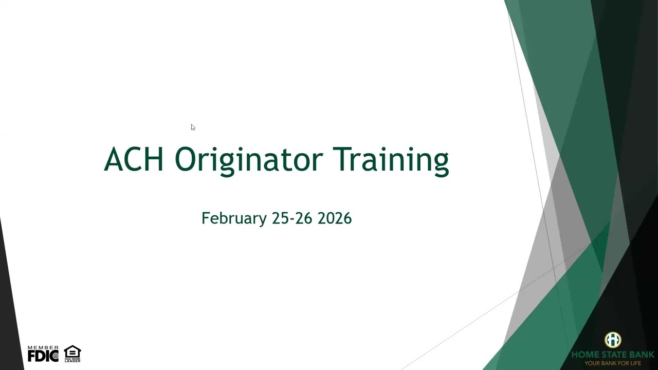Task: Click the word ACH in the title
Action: pos(134,159)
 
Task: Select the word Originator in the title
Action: pos(248,160)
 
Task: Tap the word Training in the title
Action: pos(391,160)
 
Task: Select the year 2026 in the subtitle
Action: pos(335,218)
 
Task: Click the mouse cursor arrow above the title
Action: pos(193,127)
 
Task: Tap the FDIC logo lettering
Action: pos(43,356)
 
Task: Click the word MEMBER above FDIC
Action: pos(43,348)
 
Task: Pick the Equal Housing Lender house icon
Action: pos(72,352)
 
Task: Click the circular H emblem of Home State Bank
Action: pos(613,340)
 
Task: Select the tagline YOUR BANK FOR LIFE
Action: pos(613,363)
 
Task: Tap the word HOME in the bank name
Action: pos(584,355)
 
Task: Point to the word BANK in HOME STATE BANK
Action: pos(642,355)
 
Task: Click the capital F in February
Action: pos(205,218)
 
